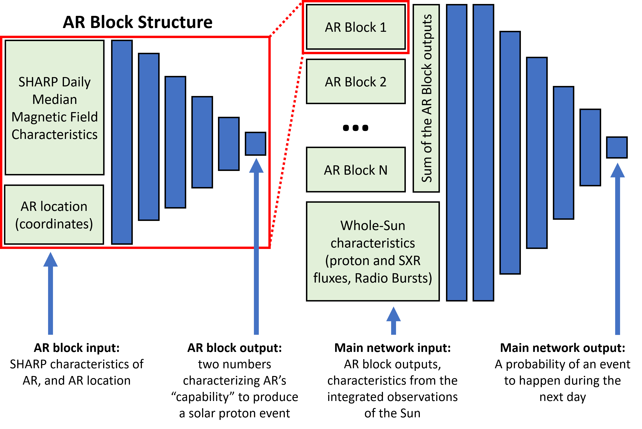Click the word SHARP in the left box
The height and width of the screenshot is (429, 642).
38,82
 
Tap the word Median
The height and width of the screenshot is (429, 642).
54,99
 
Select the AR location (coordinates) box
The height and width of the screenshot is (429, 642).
54,215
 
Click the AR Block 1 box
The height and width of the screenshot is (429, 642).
355,27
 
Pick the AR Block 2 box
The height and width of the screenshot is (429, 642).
355,82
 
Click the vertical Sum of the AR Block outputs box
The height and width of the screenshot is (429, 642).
426,98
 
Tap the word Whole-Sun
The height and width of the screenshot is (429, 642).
373,226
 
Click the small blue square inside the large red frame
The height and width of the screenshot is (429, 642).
255,144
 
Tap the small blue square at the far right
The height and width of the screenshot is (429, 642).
617,147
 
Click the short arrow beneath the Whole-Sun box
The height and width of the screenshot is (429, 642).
393,321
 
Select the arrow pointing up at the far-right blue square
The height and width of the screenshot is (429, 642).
617,249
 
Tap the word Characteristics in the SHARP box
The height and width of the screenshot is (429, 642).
54,135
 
